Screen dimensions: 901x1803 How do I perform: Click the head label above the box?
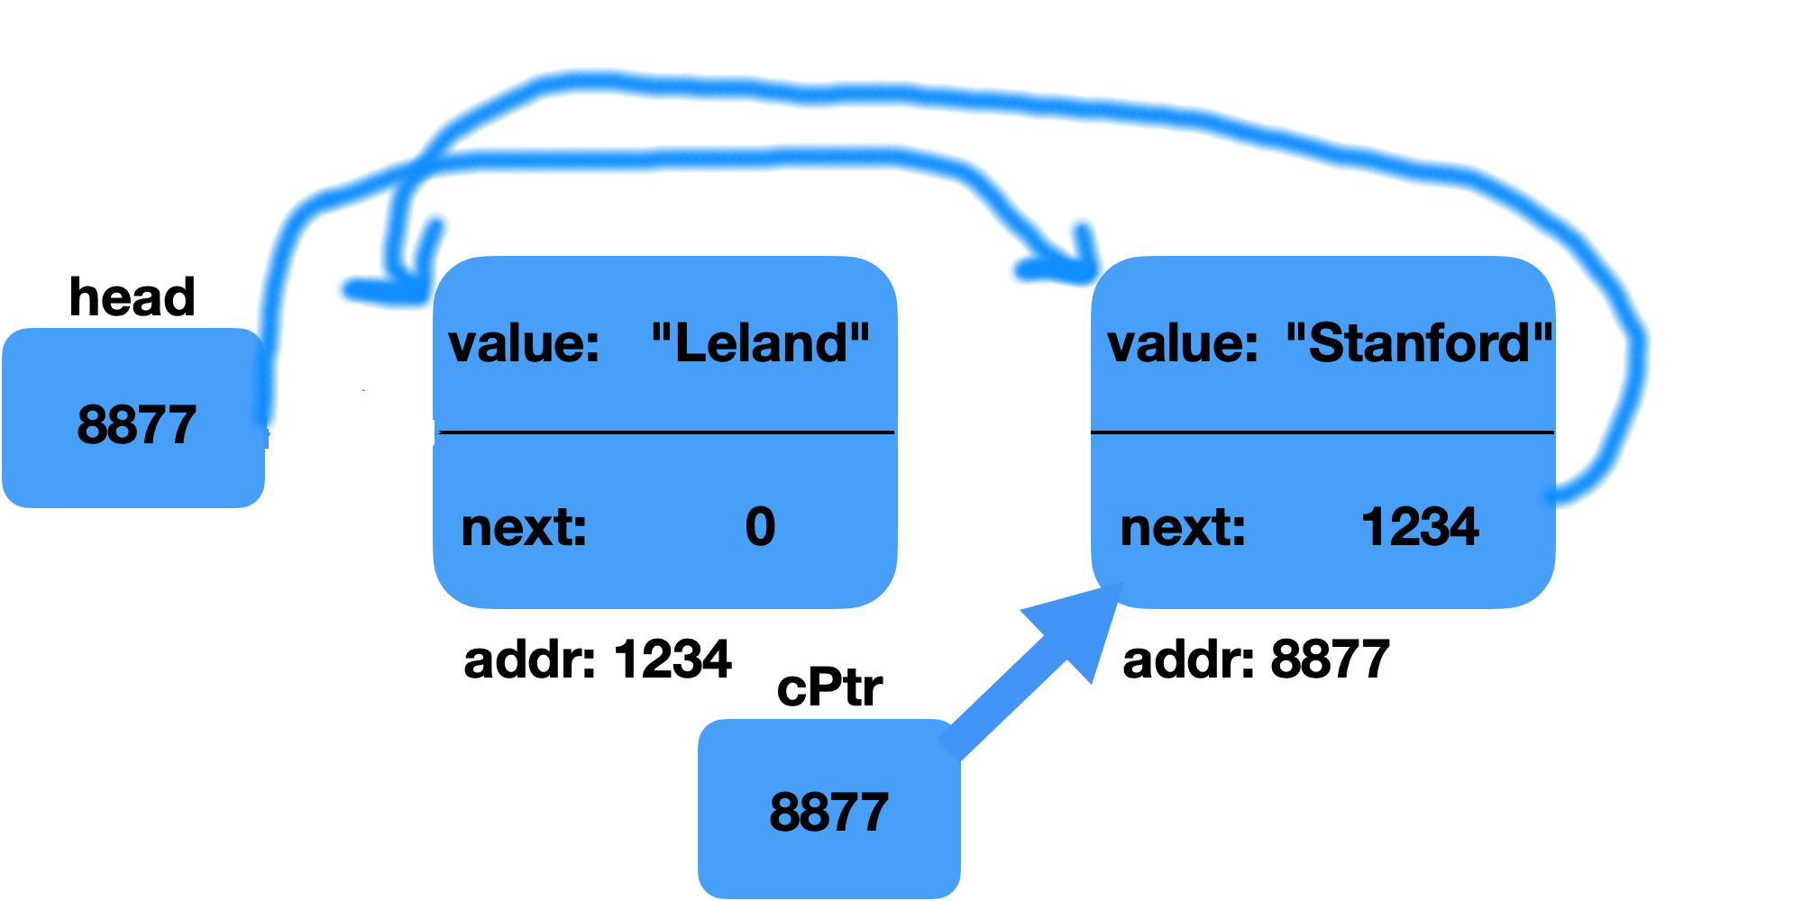(x=132, y=296)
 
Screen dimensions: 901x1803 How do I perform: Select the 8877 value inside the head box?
(x=136, y=424)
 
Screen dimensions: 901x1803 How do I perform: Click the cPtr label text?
(x=828, y=688)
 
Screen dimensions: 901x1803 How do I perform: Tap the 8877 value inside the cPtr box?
(x=828, y=812)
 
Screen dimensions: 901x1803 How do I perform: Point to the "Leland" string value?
(x=760, y=343)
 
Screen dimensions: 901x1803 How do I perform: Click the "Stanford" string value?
(x=1419, y=343)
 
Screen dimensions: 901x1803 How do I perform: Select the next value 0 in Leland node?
(x=760, y=527)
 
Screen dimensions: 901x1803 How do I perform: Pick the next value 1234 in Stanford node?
(x=1419, y=527)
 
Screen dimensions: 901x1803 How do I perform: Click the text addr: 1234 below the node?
(x=597, y=660)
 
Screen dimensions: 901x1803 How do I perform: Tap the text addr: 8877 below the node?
(x=1256, y=660)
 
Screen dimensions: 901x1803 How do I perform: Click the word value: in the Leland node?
(x=524, y=344)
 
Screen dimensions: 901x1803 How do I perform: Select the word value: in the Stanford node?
(x=1183, y=344)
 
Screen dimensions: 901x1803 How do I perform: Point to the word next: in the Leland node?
(x=524, y=528)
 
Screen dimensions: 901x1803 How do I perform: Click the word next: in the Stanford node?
(x=1183, y=528)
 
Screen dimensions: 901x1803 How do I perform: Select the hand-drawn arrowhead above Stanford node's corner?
(x=1064, y=268)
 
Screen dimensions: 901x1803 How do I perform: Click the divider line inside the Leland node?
(x=665, y=432)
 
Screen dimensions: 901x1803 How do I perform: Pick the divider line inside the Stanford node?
(x=1323, y=432)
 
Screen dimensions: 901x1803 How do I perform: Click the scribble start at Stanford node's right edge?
(x=1557, y=495)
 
